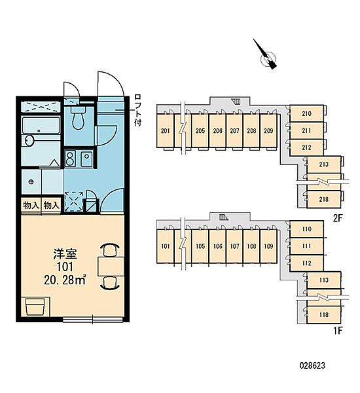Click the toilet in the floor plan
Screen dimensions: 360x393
79,117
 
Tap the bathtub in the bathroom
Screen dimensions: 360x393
41,125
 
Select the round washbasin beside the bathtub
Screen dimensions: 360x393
29,140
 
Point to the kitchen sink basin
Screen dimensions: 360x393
86,158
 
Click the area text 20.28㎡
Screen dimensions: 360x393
65,280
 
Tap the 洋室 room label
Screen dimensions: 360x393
65,254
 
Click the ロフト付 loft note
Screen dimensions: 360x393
138,110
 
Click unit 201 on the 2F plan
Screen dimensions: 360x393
165,131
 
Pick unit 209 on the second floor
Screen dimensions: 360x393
268,131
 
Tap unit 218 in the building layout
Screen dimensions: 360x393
324,200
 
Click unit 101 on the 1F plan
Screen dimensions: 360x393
165,246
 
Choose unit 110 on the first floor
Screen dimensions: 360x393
306,229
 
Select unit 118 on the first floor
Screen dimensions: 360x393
324,315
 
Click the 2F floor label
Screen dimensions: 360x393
338,219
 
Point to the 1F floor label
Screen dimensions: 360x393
338,331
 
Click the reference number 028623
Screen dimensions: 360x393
312,365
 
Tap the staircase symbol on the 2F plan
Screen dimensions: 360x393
236,102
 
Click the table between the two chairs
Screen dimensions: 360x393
111,267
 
